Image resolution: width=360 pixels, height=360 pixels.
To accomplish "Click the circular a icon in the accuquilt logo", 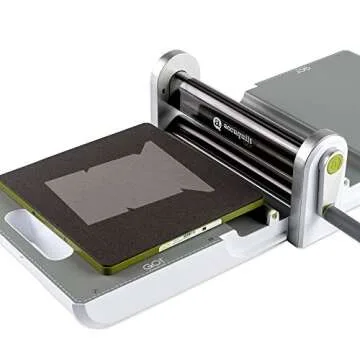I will pos(217,122).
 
